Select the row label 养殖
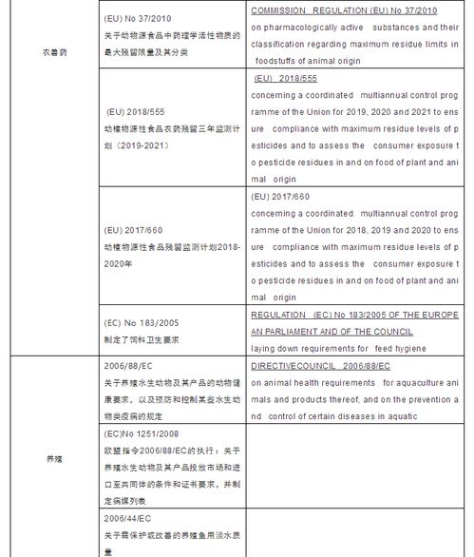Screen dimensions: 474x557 (54, 458)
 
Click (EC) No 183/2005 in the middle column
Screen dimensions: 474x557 (142, 322)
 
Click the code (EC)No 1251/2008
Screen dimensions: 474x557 (142, 432)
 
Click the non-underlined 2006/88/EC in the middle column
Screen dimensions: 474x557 (126, 366)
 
